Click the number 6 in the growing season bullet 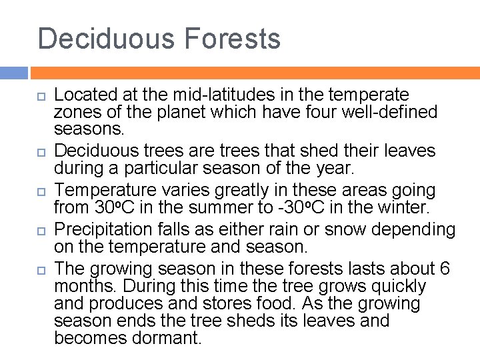[x=445, y=269]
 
